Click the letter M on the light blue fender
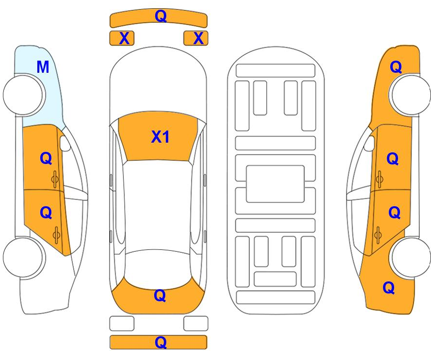(x=43, y=67)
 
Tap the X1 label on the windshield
(x=160, y=136)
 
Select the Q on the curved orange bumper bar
(x=161, y=16)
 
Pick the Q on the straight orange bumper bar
(x=161, y=343)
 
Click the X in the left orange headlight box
(x=124, y=38)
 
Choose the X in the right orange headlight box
(x=198, y=38)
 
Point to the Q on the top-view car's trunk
(x=160, y=295)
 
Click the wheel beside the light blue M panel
(x=23, y=95)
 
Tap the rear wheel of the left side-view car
(x=23, y=258)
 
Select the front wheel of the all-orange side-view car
(x=410, y=95)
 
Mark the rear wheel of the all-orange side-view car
(x=410, y=258)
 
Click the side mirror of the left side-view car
(x=65, y=143)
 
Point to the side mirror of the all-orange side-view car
(x=369, y=143)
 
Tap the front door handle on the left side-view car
(x=55, y=180)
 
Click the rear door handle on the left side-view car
(x=56, y=235)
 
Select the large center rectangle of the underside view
(x=275, y=184)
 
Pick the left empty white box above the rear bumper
(x=122, y=324)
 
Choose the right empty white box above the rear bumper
(x=196, y=324)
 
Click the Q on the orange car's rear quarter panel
(x=389, y=288)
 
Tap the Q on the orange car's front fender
(x=396, y=67)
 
